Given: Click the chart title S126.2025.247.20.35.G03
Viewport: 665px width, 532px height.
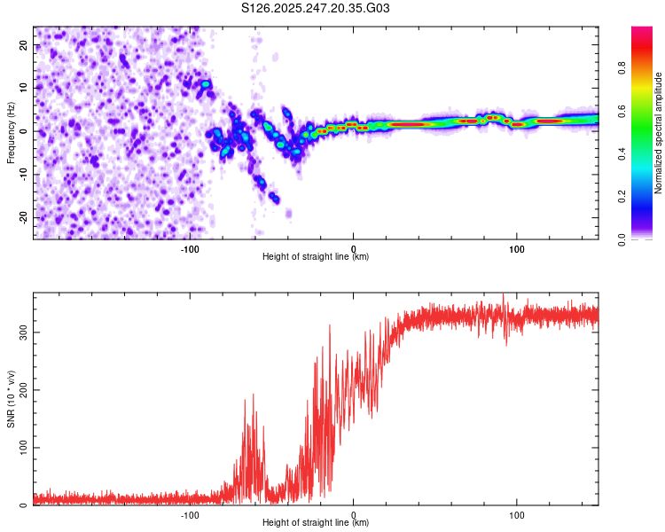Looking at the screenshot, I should point(316,9).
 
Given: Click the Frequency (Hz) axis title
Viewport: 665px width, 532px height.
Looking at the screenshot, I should point(11,133).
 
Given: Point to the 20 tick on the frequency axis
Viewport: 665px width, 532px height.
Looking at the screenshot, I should point(24,46).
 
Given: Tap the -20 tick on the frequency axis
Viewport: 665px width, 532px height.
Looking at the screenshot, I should point(23,217).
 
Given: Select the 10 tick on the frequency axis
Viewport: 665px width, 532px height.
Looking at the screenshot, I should point(24,89).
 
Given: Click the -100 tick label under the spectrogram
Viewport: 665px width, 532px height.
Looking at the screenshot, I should point(189,248).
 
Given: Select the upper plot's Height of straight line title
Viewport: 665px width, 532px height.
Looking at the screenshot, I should point(316,257).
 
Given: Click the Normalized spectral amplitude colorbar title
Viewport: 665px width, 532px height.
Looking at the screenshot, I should point(659,133).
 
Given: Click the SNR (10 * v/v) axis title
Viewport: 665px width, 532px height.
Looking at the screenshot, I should point(11,399).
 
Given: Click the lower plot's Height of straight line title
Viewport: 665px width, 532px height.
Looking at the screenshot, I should point(316,523).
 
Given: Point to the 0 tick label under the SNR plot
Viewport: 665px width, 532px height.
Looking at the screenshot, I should point(354,514).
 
